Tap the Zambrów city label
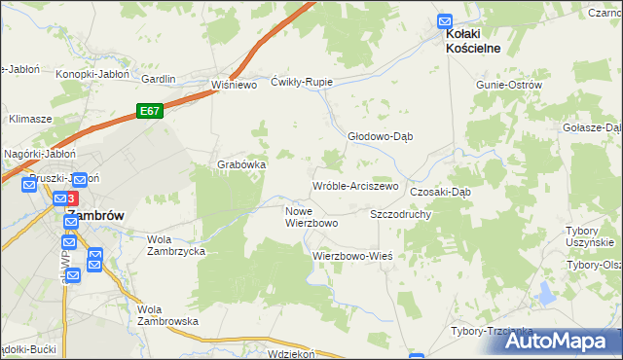coord(94,216)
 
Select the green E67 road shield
coord(149,112)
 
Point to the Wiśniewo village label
coord(233,85)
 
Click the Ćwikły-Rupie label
coord(302,82)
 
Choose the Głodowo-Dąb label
coord(381,136)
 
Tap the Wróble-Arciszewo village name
coord(355,186)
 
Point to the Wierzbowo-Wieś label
coord(351,256)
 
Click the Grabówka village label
coord(241,164)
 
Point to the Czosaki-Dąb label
coord(440,192)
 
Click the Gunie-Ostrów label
coord(508,86)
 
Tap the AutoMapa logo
coord(560,341)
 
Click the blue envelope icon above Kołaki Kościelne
coord(445,19)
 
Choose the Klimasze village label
coord(30,118)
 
